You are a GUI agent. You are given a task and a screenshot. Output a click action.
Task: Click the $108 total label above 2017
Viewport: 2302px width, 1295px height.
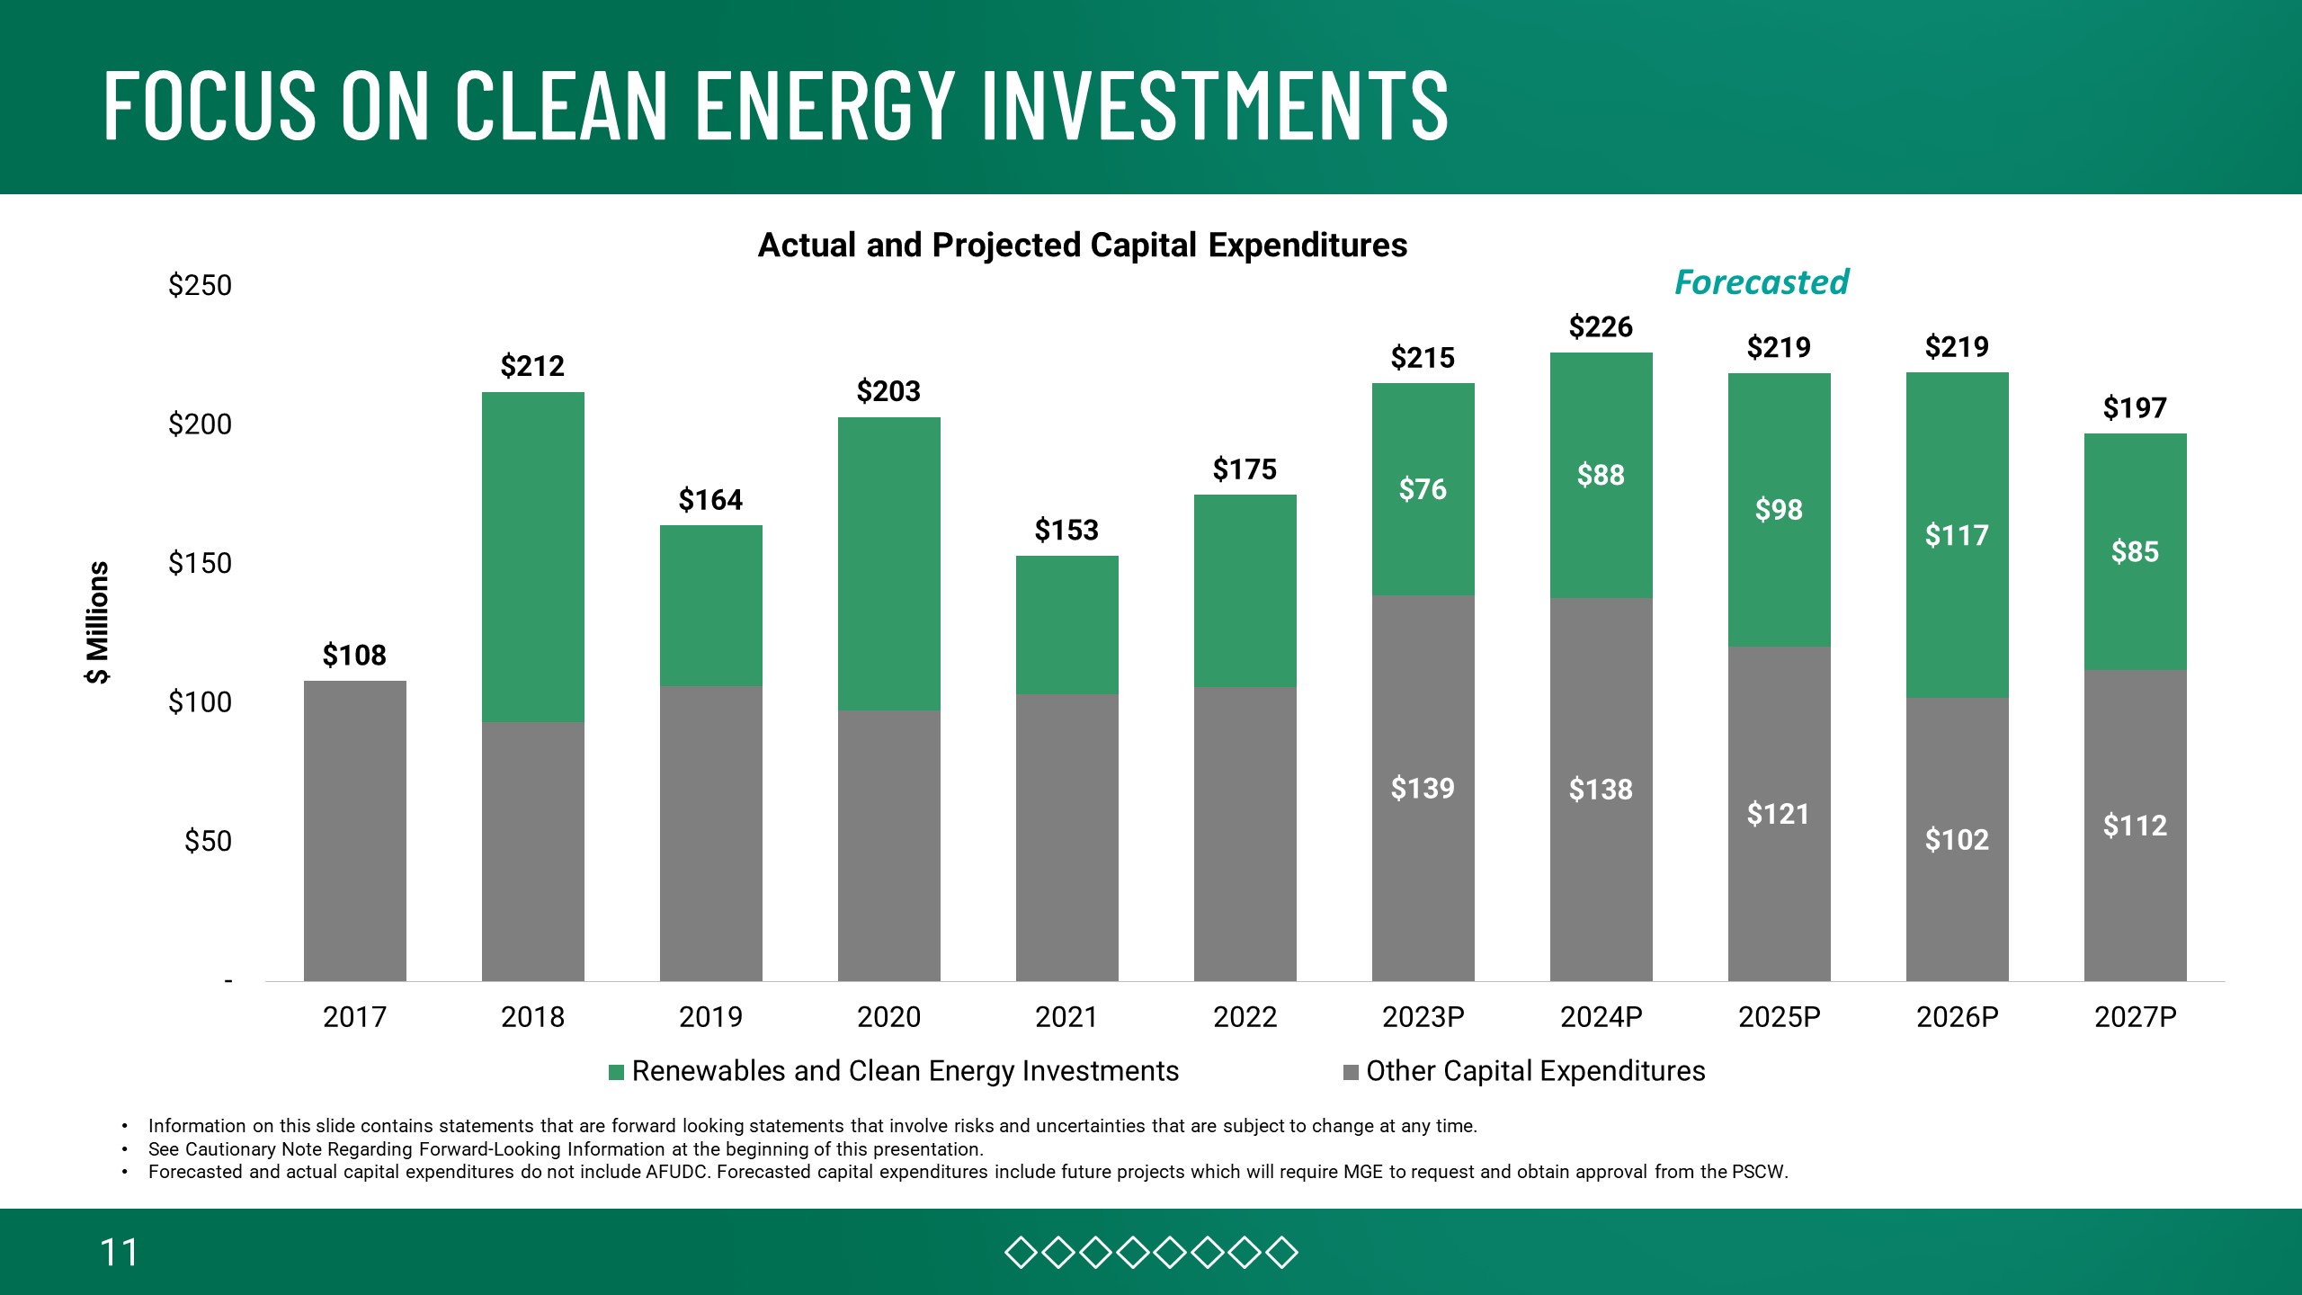pos(354,656)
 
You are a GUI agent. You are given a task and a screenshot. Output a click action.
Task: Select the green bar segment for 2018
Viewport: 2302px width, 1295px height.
pos(532,558)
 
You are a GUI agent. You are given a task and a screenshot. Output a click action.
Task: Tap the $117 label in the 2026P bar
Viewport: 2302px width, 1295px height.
pos(1957,536)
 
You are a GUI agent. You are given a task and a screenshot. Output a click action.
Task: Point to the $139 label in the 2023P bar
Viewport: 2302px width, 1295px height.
pos(1423,789)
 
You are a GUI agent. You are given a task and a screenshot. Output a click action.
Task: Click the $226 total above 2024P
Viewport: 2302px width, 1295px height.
pos(1601,327)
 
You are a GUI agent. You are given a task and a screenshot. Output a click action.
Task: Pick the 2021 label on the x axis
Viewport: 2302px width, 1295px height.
pos(1066,1017)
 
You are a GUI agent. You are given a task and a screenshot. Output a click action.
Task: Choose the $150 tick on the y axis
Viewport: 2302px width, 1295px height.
pos(200,564)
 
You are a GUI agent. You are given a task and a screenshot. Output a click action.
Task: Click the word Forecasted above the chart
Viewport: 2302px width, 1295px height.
pos(1761,282)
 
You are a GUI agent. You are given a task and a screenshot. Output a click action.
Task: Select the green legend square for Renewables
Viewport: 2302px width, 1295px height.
pos(617,1072)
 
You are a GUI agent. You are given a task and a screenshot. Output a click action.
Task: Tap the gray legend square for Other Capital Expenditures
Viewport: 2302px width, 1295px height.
pos(1351,1072)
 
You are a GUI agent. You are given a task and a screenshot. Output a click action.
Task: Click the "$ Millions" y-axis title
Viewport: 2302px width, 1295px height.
pos(97,622)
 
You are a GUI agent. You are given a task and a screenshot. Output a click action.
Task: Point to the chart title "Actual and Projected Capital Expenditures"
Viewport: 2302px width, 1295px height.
pos(1083,246)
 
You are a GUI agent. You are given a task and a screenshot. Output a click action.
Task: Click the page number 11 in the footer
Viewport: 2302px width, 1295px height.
pos(119,1253)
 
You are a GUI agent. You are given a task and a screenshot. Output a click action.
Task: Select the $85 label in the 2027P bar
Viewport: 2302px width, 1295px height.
pos(2135,551)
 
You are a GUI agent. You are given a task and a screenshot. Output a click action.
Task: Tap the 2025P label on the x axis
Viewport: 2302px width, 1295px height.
pos(1779,1017)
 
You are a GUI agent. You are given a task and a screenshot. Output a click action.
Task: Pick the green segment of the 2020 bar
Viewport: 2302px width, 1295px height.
pos(888,564)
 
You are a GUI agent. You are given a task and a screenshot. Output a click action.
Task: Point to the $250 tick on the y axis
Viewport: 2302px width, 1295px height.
pos(200,286)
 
